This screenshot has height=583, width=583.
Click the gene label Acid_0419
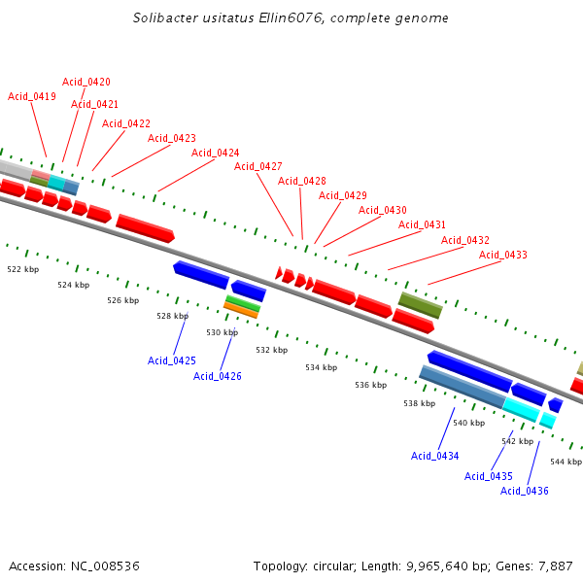32,96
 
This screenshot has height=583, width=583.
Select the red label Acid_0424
215,153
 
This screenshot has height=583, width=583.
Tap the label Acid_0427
257,166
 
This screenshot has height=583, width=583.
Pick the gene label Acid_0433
502,255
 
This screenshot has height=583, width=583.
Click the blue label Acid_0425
172,360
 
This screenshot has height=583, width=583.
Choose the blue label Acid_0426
218,376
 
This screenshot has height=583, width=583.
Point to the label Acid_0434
434,456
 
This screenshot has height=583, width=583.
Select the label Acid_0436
525,491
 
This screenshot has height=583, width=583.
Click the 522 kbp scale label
23,269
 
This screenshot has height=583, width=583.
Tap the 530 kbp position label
222,332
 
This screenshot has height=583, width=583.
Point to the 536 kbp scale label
370,385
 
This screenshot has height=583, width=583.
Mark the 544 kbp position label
566,462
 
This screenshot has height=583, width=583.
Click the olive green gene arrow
420,305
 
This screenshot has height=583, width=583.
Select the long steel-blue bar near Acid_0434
462,386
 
